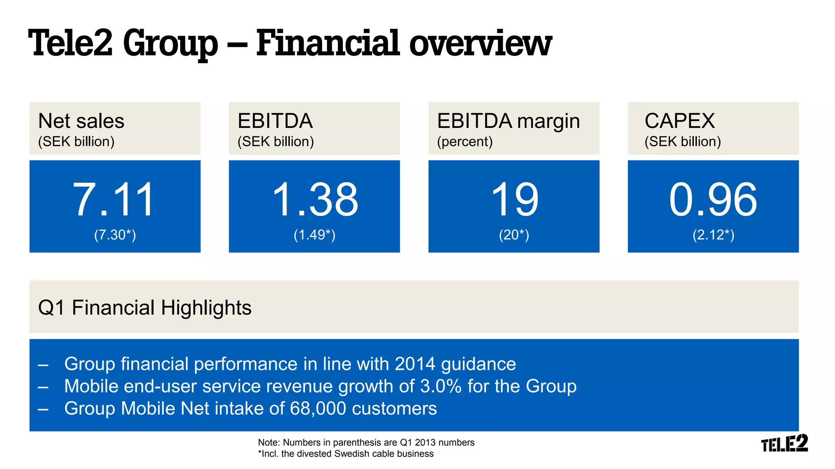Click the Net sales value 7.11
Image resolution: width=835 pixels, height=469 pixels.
pyautogui.click(x=114, y=200)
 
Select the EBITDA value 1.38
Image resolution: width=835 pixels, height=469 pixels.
pyautogui.click(x=315, y=200)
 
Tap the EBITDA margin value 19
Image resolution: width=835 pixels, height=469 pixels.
pyautogui.click(x=515, y=200)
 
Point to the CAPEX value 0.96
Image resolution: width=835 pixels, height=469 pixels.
pyautogui.click(x=713, y=200)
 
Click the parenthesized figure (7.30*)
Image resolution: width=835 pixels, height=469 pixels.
pyautogui.click(x=115, y=235)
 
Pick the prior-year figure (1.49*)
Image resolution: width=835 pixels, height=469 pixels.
pyautogui.click(x=314, y=235)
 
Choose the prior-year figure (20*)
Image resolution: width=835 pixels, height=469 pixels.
pyautogui.click(x=514, y=235)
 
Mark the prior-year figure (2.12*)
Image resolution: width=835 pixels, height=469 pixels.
pyautogui.click(x=713, y=235)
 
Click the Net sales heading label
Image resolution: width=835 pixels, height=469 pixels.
pyautogui.click(x=81, y=121)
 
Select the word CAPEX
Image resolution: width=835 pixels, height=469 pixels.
pyautogui.click(x=680, y=121)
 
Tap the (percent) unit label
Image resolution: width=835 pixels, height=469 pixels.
pyautogui.click(x=465, y=142)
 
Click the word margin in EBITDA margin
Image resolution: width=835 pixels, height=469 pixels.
pyautogui.click(x=549, y=122)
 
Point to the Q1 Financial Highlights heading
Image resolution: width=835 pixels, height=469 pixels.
pyautogui.click(x=145, y=308)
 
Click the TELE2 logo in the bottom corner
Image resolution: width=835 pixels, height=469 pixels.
pyautogui.click(x=784, y=444)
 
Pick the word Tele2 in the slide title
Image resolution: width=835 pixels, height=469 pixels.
pyautogui.click(x=70, y=43)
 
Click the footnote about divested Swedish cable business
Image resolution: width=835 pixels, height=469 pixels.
pyautogui.click(x=346, y=454)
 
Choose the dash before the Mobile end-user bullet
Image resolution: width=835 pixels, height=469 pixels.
pyautogui.click(x=43, y=387)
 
